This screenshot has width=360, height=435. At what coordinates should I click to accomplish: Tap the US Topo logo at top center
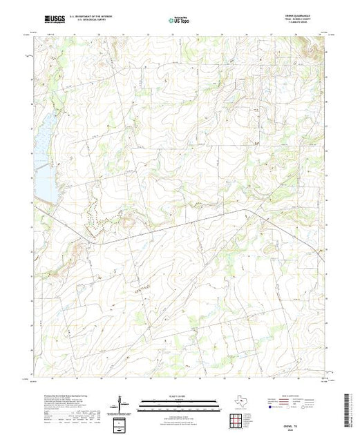point(180,21)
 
